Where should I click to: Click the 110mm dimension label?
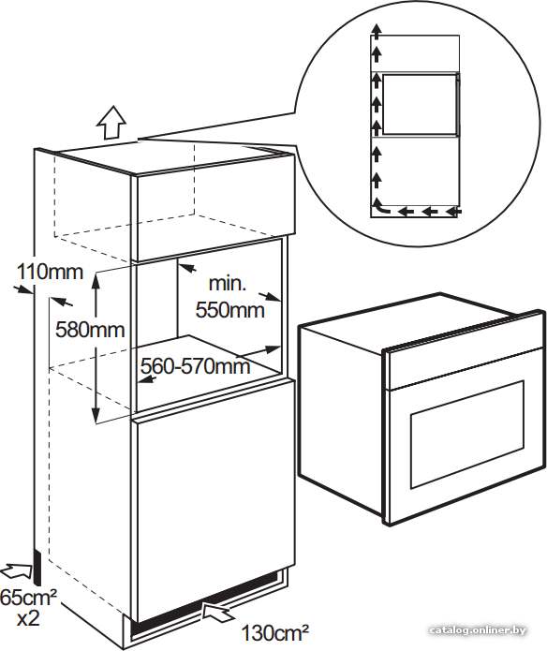[50, 273]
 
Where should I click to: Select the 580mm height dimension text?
[90, 330]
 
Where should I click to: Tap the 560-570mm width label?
[195, 365]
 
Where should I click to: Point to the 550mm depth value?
[229, 310]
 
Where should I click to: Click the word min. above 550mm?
[228, 284]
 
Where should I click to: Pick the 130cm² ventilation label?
[275, 633]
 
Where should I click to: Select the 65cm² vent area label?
[28, 598]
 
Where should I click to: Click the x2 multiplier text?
[28, 618]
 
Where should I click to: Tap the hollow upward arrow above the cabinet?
[111, 123]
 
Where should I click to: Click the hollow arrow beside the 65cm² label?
[17, 571]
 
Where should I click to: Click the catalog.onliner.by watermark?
[478, 629]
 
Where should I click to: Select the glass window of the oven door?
[467, 434]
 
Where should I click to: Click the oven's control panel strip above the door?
[464, 365]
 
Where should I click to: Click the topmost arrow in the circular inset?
[376, 31]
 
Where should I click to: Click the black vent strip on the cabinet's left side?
[37, 568]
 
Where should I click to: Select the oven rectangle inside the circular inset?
[420, 104]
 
